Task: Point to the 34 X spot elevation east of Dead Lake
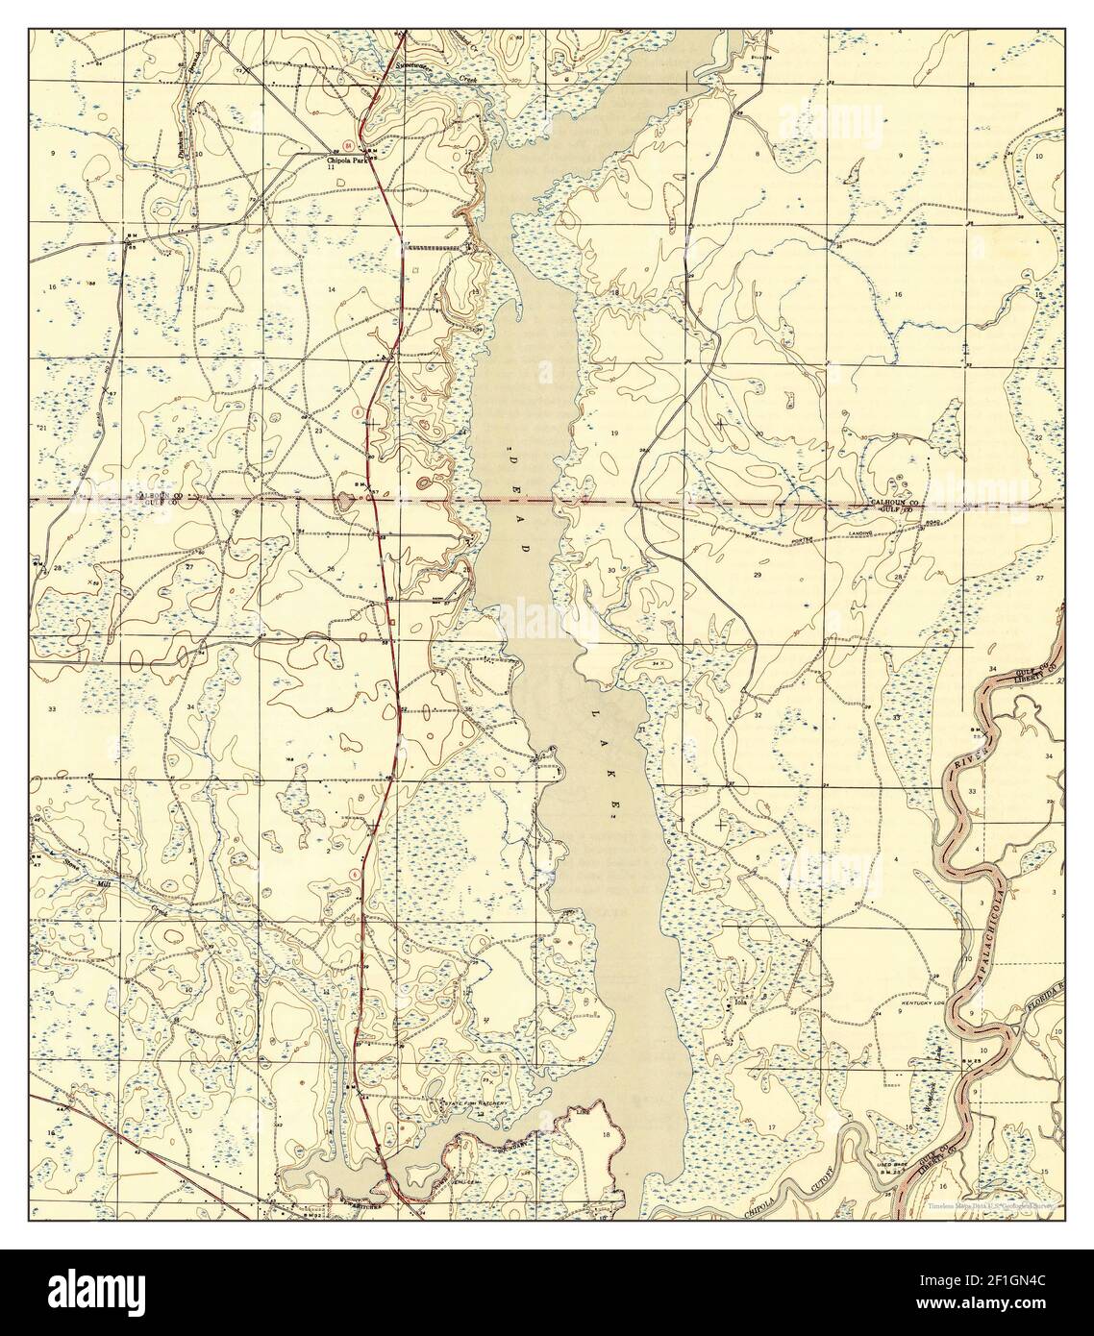click(x=659, y=663)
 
